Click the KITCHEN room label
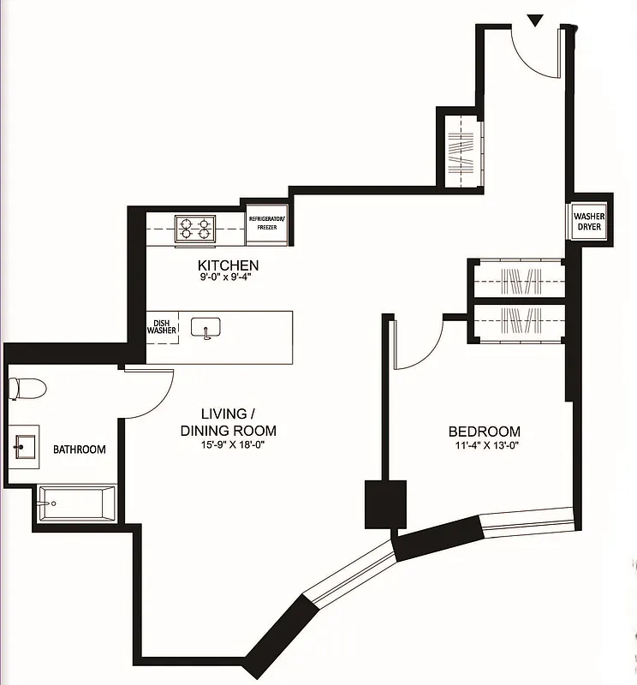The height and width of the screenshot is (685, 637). (228, 265)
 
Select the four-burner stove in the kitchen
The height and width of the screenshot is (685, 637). (194, 229)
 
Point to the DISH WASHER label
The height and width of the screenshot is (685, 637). (161, 327)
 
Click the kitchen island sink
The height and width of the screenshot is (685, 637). (206, 327)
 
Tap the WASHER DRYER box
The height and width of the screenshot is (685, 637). (589, 223)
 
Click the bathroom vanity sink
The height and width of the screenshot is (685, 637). (23, 446)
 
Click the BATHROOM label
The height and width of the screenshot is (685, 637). (80, 450)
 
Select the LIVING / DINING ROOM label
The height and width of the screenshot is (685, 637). (228, 422)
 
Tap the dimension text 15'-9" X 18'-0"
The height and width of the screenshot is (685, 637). (228, 444)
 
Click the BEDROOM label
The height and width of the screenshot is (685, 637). (484, 432)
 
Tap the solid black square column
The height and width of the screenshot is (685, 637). (385, 504)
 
